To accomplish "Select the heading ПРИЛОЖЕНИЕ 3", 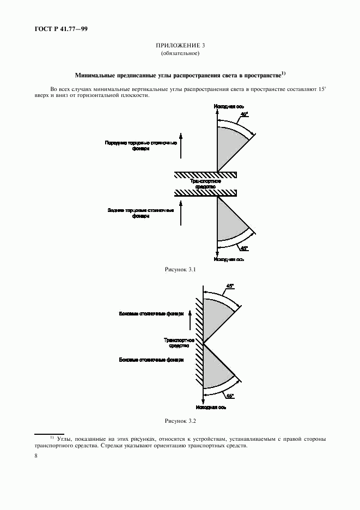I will (x=180, y=46).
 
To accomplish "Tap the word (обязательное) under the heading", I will (x=180, y=53).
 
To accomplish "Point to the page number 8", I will (x=36, y=456).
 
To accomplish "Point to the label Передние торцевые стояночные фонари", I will (x=141, y=145).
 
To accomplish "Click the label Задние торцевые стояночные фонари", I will (x=141, y=212).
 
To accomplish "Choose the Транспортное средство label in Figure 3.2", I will (x=176, y=343).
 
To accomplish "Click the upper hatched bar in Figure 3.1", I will (x=205, y=174).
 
